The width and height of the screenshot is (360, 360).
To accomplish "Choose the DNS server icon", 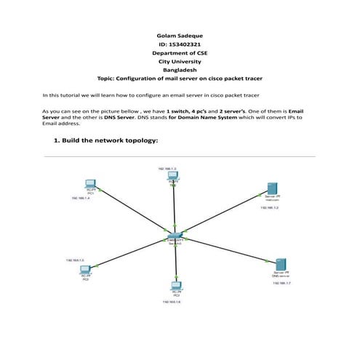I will [x=281, y=263].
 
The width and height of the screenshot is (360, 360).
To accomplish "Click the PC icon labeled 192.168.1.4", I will [x=90, y=184].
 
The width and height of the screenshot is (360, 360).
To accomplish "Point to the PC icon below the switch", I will [x=176, y=286].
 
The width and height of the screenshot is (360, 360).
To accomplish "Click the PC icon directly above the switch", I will [x=173, y=178].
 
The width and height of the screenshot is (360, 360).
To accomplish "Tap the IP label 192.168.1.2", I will [x=271, y=208].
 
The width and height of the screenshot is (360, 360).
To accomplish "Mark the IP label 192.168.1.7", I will [x=282, y=284].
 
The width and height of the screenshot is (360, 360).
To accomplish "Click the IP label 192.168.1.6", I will [x=172, y=302].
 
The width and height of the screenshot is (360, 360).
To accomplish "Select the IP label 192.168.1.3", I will [x=167, y=168].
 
